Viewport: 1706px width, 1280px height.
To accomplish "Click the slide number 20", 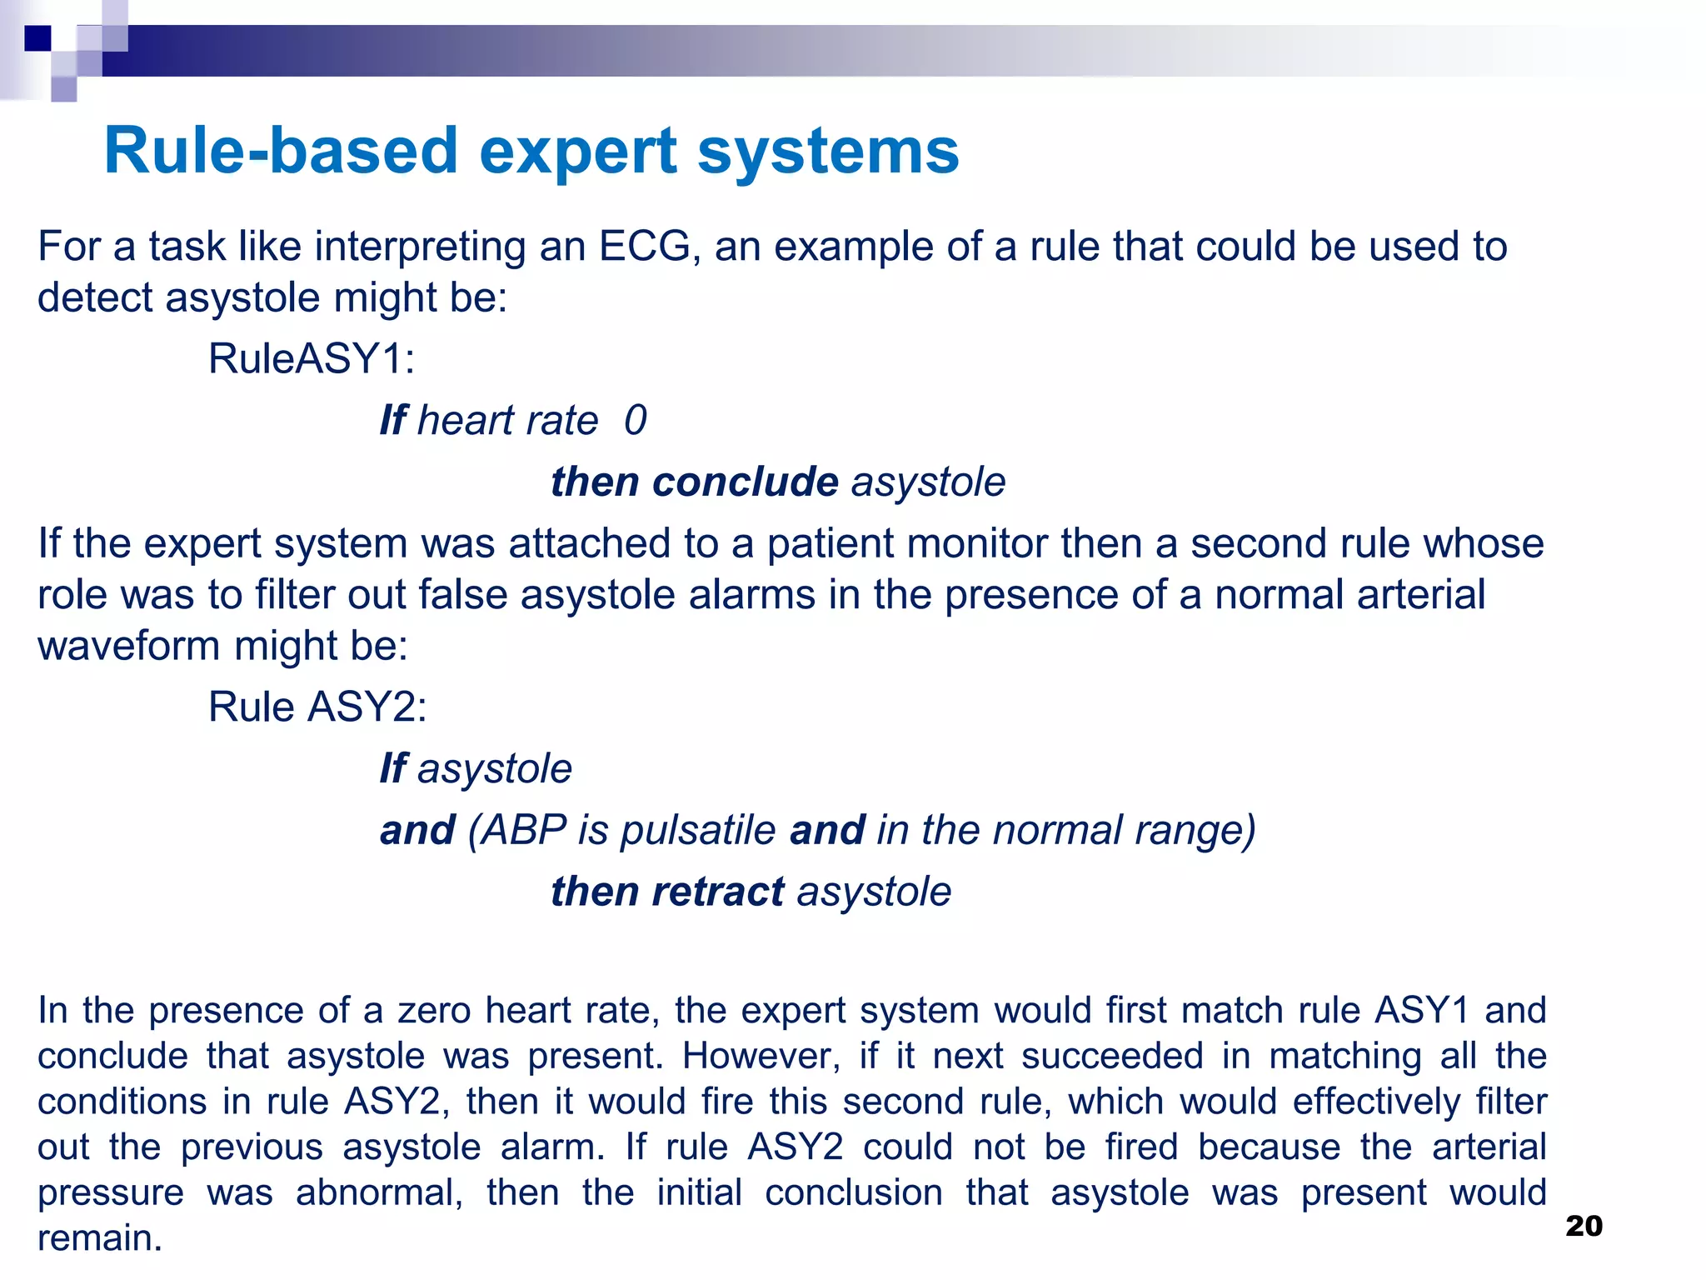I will pyautogui.click(x=1584, y=1226).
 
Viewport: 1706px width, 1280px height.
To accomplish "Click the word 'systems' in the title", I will pyautogui.click(x=828, y=152).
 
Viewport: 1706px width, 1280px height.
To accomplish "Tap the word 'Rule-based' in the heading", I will pyautogui.click(x=281, y=152).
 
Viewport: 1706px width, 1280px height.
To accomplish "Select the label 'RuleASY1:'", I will pyautogui.click(x=311, y=359).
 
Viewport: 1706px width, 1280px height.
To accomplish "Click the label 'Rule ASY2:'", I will pyautogui.click(x=317, y=707).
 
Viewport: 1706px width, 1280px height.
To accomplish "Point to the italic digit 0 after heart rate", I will pyautogui.click(x=635, y=420).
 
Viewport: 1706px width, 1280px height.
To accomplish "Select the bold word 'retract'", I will pyautogui.click(x=717, y=892).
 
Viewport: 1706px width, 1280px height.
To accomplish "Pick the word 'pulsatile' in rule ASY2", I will pyautogui.click(x=698, y=830).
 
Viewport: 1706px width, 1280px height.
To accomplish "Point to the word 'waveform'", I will pyautogui.click(x=128, y=646).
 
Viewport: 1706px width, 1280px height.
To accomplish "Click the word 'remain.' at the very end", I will pyautogui.click(x=100, y=1238).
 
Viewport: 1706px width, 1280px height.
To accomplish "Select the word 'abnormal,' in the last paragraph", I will pyautogui.click(x=379, y=1192).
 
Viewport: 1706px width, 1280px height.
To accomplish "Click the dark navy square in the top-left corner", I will pyautogui.click(x=37, y=37).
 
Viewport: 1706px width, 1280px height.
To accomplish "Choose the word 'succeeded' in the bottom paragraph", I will pyautogui.click(x=1112, y=1056).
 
